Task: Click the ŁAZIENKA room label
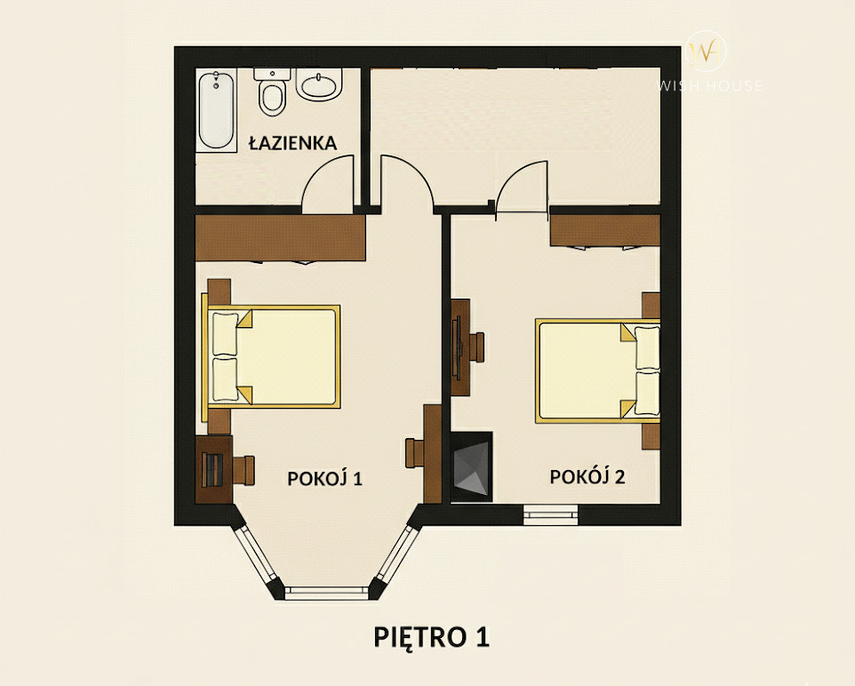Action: tap(292, 143)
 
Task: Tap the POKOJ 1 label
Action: tap(325, 478)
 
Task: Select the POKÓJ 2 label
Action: tap(587, 476)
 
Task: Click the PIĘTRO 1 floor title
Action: tap(431, 637)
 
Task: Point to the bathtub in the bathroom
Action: tap(217, 109)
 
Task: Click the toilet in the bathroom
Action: tap(272, 92)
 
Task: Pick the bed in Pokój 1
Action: tap(271, 356)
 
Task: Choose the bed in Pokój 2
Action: tap(597, 371)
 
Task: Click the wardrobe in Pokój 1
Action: tap(280, 238)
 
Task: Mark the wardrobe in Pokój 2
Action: tap(604, 230)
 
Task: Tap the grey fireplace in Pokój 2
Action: tap(472, 467)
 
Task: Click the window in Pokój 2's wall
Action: tap(550, 514)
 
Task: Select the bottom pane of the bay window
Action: tap(326, 593)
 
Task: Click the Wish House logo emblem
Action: tap(707, 52)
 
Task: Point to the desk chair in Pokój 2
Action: tap(476, 347)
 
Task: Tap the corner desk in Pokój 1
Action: tap(213, 469)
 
